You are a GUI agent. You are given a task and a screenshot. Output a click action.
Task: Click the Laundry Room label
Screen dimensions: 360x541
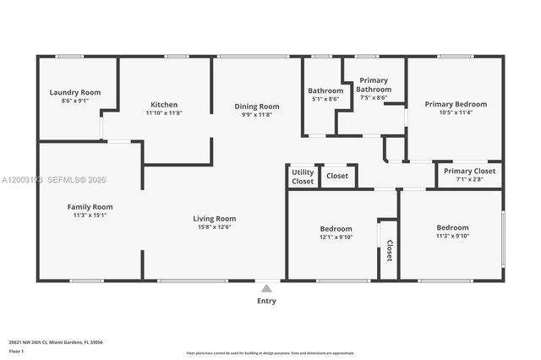click(74, 92)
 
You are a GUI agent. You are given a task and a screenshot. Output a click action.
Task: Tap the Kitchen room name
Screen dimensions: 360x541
click(164, 105)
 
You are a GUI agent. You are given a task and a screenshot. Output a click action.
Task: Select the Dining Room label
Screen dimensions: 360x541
click(256, 106)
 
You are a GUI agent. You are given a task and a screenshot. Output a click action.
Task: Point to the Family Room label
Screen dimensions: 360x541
click(90, 206)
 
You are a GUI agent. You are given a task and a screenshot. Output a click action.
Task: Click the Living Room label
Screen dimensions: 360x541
click(214, 218)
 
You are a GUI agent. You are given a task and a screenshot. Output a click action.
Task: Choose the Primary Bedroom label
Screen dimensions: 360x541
click(455, 104)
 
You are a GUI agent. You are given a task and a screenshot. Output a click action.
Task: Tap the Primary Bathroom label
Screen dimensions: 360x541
click(374, 85)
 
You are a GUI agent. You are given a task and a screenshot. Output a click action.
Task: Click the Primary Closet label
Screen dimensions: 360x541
click(468, 171)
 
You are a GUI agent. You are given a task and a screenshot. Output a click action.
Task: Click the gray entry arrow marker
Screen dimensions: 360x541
click(266, 288)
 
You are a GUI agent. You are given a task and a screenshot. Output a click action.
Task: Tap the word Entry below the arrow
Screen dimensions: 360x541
click(266, 301)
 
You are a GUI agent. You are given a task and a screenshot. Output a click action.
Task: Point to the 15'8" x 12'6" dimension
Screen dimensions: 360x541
click(214, 226)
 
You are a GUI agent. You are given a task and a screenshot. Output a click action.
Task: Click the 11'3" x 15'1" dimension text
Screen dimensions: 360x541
click(90, 215)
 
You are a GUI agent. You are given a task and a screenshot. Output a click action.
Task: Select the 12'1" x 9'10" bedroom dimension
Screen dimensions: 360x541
click(336, 237)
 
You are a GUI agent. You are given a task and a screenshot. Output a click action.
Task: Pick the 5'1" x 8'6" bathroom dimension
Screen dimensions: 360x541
click(325, 99)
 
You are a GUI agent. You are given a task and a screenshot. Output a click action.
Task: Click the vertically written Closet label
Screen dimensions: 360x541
click(389, 250)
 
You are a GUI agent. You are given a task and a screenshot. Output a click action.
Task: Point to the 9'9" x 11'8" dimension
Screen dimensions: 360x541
click(256, 115)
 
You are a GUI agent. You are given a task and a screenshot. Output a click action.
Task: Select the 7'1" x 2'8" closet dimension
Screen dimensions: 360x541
click(468, 179)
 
